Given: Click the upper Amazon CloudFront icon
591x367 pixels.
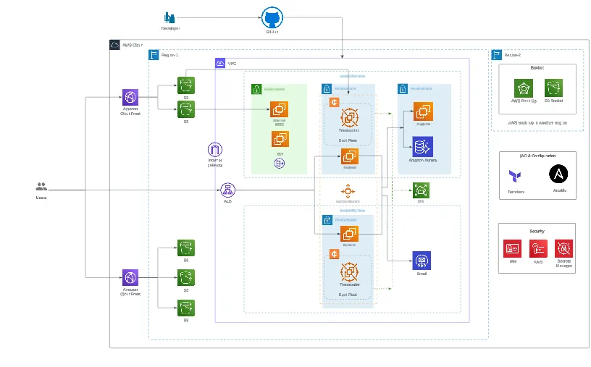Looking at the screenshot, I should [130, 98].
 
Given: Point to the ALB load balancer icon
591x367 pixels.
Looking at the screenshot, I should [227, 190].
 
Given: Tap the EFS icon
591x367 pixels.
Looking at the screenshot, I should [420, 190].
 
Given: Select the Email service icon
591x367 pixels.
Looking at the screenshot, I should [422, 261].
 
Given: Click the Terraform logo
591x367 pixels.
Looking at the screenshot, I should [516, 177].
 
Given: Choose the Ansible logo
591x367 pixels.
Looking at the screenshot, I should [558, 174].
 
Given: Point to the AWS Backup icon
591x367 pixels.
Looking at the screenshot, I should [524, 88].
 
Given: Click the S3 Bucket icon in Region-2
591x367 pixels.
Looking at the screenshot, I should [553, 88].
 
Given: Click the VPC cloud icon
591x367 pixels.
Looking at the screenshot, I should [221, 64].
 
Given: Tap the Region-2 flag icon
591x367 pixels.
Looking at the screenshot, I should [497, 54].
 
